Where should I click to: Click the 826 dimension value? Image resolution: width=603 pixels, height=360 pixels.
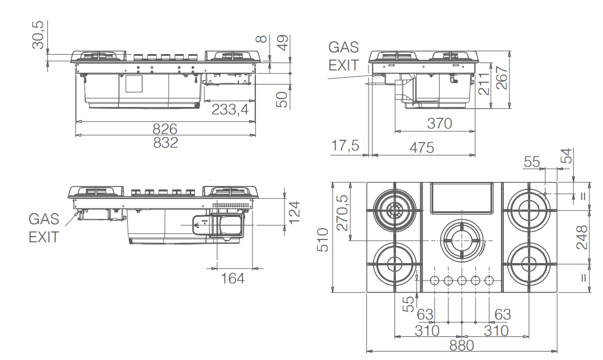tap(166, 128)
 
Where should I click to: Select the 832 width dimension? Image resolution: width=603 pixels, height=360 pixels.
tap(166, 143)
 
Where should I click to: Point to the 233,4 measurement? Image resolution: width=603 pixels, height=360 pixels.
tap(230, 109)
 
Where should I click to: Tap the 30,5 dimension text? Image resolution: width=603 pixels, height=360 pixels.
tap(39, 35)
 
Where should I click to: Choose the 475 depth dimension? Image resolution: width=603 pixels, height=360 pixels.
tap(422, 148)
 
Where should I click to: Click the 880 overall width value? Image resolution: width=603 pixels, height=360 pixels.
tap(462, 344)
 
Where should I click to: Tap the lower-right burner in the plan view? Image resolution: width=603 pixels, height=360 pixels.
tap(529, 264)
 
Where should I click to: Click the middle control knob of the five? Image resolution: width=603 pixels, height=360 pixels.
tap(462, 280)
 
